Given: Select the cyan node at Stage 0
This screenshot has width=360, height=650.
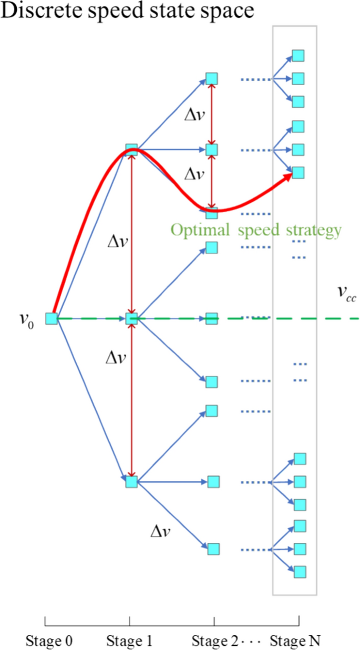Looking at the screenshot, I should click(x=51, y=318).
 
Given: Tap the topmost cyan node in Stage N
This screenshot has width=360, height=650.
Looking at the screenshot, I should click(x=298, y=56).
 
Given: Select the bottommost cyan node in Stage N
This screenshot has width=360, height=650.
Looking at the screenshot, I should click(x=300, y=572).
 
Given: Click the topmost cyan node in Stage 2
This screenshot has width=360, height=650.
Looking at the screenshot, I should click(x=211, y=79).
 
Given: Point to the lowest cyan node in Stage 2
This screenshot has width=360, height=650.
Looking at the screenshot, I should click(x=213, y=549).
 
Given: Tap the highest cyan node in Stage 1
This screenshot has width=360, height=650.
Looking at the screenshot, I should click(x=131, y=150).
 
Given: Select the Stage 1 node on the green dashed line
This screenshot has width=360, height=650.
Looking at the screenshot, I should click(x=131, y=318).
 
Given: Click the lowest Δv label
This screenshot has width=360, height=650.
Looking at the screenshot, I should click(x=160, y=532).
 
